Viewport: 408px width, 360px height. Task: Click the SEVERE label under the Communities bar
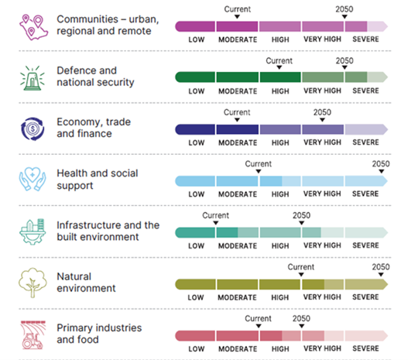click(x=365, y=40)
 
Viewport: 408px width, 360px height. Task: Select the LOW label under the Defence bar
click(x=196, y=91)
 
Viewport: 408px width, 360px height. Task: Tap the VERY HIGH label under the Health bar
click(x=323, y=194)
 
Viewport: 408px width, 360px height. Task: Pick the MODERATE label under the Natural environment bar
click(x=238, y=297)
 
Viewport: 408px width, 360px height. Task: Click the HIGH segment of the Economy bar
click(x=280, y=129)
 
